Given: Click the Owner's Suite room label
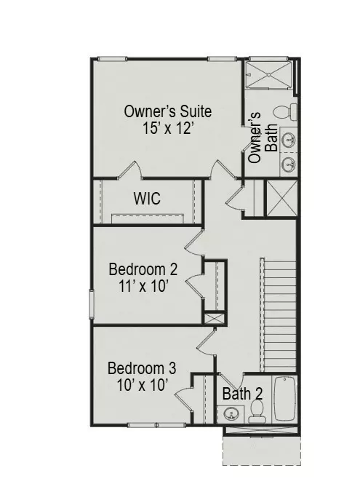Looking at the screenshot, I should [x=168, y=111].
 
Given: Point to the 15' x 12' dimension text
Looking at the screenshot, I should [x=168, y=127].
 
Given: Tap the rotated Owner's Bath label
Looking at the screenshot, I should [x=263, y=138].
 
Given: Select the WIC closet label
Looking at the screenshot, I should [x=146, y=199].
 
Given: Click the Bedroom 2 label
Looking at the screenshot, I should [x=143, y=269].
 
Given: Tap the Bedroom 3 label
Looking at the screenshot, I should [x=141, y=368].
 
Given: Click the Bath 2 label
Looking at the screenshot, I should [x=242, y=394].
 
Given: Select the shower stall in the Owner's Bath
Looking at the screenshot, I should [x=269, y=74].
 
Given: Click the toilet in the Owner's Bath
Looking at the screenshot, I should [x=286, y=111].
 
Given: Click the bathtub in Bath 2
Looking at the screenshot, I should [x=284, y=399].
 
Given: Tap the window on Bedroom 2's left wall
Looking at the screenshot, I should [x=92, y=303].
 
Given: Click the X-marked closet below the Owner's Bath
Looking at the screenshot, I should [x=281, y=197].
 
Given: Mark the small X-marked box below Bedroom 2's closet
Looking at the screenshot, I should [x=214, y=318].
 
